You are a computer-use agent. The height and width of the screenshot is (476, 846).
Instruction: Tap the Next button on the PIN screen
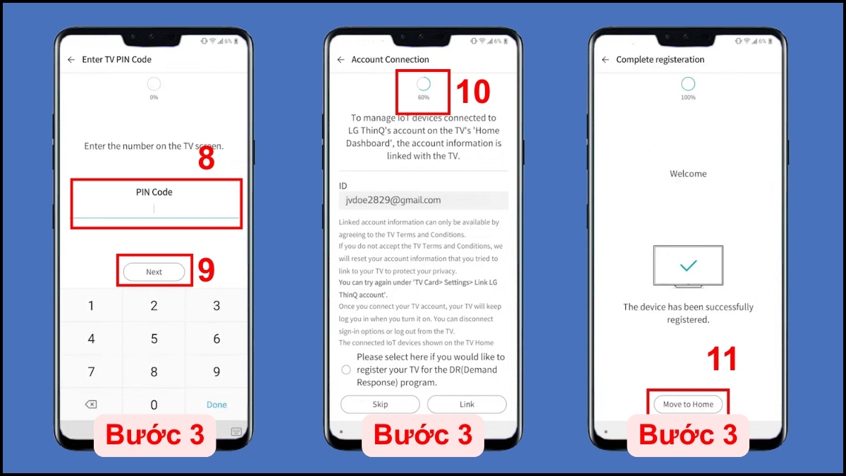point(154,271)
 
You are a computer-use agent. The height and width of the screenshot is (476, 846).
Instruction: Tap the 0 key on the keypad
point(154,405)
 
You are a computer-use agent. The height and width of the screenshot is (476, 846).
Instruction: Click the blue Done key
point(216,405)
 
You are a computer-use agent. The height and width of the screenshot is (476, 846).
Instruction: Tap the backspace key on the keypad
point(91,405)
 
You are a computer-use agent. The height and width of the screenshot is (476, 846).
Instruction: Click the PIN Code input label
point(154,192)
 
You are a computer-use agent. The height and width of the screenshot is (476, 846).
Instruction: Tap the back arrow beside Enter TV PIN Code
point(71,60)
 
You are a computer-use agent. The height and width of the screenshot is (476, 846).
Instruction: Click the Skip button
point(380,404)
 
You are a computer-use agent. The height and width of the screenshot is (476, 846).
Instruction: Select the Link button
point(467,404)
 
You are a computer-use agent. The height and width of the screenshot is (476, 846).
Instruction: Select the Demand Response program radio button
point(346,370)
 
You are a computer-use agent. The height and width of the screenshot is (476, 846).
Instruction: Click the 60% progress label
point(424,97)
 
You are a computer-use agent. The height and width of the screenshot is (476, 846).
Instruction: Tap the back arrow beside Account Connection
point(341,60)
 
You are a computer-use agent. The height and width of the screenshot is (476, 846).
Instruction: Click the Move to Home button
point(688,404)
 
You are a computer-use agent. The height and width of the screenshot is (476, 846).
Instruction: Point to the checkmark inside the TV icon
point(688,266)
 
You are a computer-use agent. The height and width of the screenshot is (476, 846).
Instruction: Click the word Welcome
point(688,173)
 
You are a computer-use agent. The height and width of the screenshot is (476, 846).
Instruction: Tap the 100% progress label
point(688,97)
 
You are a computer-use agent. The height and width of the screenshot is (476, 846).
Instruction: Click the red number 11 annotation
point(722,359)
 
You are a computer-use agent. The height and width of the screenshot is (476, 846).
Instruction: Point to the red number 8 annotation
point(206,158)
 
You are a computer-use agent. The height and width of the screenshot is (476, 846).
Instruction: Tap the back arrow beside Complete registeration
point(606,60)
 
